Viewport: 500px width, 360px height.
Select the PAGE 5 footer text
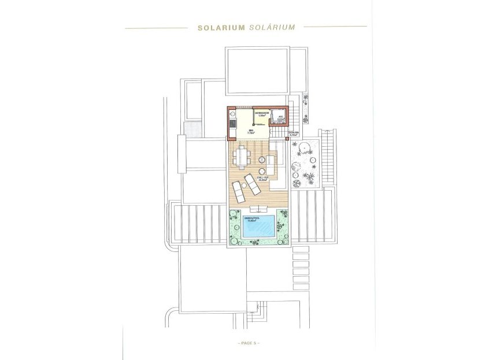pos(249,343)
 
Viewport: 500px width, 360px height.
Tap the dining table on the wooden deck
pos(242,155)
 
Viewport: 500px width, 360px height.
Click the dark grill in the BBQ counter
pos(232,123)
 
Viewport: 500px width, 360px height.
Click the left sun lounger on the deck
pos(239,188)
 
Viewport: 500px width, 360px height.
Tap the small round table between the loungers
pos(260,170)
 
